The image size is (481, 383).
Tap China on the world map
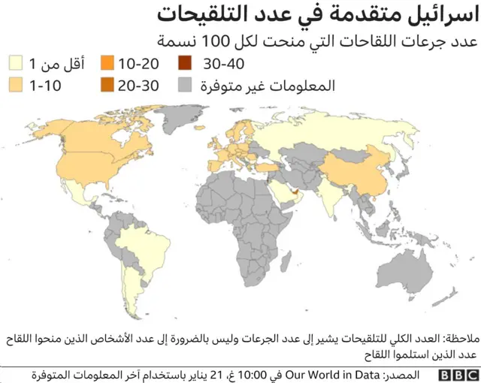[365, 170]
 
